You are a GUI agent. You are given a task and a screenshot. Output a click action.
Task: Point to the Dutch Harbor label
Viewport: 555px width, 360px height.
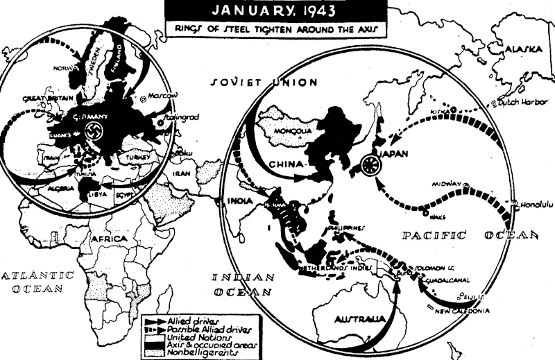click(519, 104)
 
